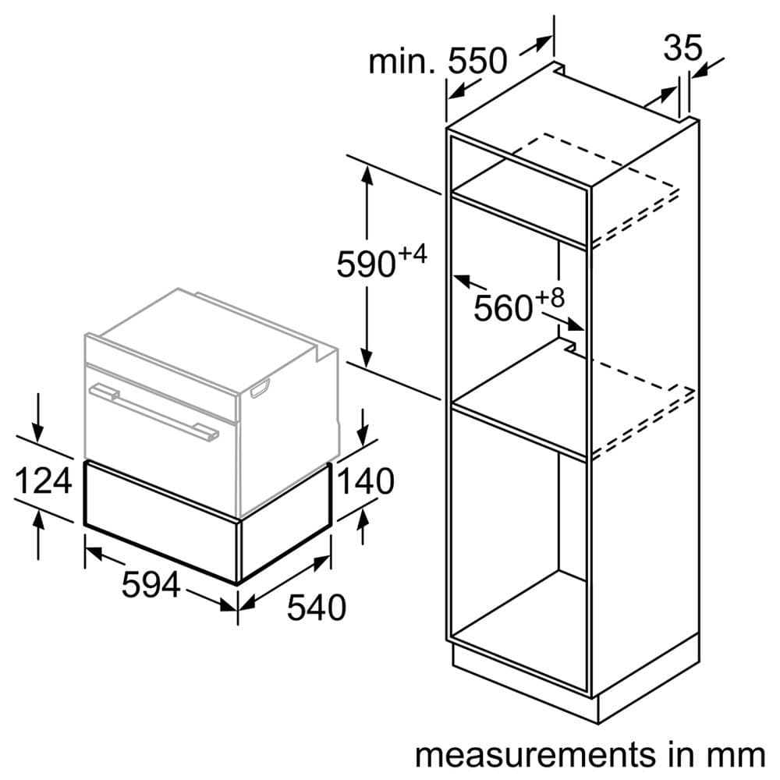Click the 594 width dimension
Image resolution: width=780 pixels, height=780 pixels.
point(151,584)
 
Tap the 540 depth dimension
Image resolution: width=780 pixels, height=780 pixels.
point(316,607)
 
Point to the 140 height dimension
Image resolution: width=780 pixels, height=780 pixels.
point(364,482)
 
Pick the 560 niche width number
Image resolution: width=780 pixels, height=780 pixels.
point(503,309)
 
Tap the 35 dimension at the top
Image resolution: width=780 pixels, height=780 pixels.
point(682,48)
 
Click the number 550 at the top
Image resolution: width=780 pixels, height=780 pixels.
point(477,61)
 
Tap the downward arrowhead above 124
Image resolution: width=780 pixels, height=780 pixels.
point(36,431)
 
